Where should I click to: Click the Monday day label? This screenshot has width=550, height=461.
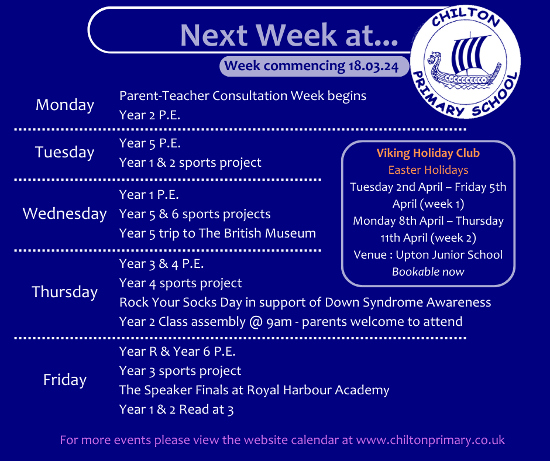click(65, 105)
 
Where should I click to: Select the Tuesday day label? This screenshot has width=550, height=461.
click(65, 152)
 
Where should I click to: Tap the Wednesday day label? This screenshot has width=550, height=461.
click(64, 214)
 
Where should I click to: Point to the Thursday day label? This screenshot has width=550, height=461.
click(65, 292)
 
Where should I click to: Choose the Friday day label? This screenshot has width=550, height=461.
click(65, 380)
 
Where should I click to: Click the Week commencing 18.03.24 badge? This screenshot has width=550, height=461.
click(314, 66)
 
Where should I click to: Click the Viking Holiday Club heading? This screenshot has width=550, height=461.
click(428, 153)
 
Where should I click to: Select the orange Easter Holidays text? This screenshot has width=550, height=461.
click(428, 170)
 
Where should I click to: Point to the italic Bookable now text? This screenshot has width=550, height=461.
click(428, 272)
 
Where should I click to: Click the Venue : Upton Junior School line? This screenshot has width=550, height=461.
click(428, 254)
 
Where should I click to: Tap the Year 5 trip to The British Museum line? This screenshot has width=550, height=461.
click(218, 233)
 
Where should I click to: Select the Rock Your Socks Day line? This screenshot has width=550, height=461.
click(305, 302)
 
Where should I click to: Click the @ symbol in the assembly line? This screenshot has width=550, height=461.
click(256, 322)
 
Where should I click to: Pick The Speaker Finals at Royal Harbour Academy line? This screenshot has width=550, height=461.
click(255, 390)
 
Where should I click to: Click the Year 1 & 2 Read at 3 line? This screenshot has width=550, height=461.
click(177, 410)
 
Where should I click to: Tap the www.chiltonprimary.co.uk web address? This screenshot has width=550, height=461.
click(431, 441)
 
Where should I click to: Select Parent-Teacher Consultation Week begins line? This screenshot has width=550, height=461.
click(243, 96)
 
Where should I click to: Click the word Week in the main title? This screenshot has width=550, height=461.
click(297, 35)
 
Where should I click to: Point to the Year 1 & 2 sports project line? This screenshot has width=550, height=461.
click(190, 163)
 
